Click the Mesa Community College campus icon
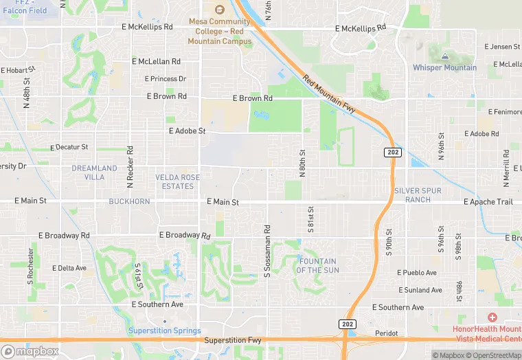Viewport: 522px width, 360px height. click(220, 10)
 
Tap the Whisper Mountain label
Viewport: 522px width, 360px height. click(444, 67)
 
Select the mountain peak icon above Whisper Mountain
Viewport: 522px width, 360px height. click(445, 54)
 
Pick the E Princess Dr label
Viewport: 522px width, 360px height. click(166, 79)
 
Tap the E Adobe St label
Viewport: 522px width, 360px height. click(187, 131)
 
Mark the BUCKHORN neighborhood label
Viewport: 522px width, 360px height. click(129, 202)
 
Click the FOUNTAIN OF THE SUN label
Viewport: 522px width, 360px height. click(317, 266)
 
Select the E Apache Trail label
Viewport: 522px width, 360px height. click(488, 202)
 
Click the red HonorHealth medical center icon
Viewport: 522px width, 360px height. click(492, 317)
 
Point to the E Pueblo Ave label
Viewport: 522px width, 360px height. click(417, 273)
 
